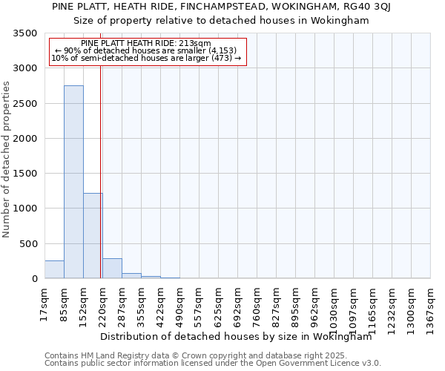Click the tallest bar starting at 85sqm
point(73,182)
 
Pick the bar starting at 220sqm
point(112,269)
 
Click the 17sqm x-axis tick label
point(45,304)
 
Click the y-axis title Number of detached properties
point(7,160)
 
